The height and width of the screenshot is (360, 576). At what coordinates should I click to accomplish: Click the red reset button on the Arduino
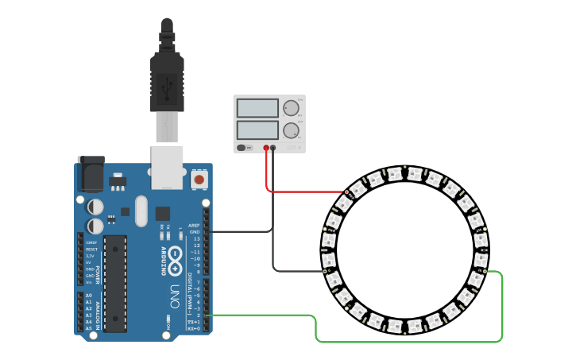point(199,180)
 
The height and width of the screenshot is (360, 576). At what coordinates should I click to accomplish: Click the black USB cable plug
point(167,83)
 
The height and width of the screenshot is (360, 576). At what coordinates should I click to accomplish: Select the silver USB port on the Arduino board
point(167,167)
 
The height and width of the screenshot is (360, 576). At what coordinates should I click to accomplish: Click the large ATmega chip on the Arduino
point(115,282)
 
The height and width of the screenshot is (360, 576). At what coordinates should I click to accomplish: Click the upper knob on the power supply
point(292,108)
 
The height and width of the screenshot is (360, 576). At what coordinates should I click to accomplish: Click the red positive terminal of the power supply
point(266,148)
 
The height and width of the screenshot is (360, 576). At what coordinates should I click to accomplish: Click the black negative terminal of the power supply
point(273,148)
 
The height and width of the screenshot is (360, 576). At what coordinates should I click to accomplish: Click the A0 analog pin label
point(88,295)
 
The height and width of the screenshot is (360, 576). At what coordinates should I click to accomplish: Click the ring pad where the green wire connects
point(483,272)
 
